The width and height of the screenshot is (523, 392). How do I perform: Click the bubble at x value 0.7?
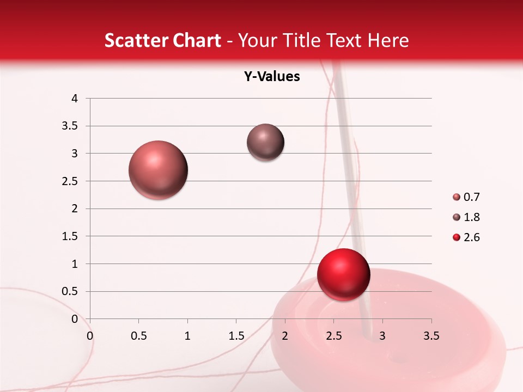(159, 170)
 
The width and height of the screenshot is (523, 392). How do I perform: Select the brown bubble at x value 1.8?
(265, 142)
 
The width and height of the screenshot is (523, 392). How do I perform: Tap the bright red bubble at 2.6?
(343, 274)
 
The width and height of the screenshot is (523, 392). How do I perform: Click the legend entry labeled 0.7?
(466, 197)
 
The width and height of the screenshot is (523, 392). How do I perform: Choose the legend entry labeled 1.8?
(466, 217)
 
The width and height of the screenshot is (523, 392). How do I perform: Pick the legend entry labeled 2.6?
(466, 237)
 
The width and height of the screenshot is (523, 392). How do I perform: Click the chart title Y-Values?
(272, 77)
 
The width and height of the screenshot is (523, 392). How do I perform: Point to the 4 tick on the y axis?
(75, 99)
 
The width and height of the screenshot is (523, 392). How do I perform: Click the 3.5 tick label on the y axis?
(70, 126)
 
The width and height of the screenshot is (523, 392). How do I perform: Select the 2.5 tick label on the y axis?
(70, 181)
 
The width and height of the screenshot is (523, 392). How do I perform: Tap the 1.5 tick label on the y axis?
(70, 236)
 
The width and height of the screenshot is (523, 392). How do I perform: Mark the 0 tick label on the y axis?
(75, 319)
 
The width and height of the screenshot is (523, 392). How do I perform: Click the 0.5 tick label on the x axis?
(138, 336)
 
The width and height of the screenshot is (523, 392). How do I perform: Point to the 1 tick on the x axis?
(187, 336)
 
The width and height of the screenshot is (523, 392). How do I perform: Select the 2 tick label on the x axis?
(285, 336)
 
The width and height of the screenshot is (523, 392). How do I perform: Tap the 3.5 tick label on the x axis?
(431, 336)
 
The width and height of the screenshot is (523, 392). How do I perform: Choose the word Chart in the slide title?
(197, 40)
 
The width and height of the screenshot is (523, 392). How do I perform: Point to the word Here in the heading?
(388, 40)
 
